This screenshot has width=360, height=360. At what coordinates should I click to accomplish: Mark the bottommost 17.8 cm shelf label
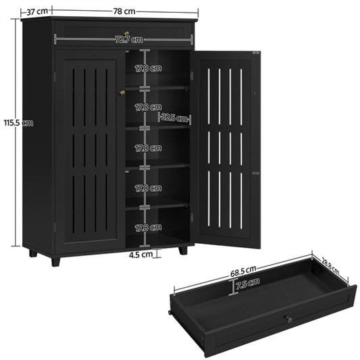tap(148, 227)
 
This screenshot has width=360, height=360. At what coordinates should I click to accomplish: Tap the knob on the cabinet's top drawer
tap(126, 33)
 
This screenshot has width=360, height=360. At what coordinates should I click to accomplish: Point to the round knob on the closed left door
tap(122, 93)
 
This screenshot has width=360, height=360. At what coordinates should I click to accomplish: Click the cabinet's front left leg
tap(55, 259)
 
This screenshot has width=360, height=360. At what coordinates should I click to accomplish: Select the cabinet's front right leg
tap(182, 250)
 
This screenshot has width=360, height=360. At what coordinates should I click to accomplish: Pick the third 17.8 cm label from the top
tap(148, 147)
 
